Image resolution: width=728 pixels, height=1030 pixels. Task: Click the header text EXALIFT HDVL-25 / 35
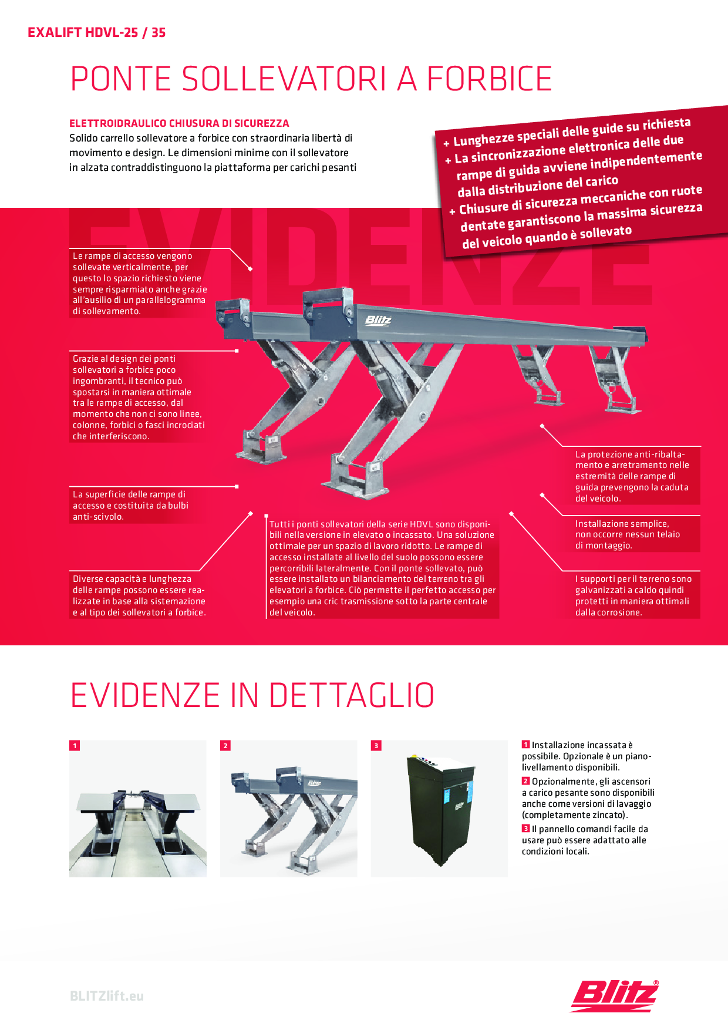click(96, 32)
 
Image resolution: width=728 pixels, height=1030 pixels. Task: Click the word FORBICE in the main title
click(489, 79)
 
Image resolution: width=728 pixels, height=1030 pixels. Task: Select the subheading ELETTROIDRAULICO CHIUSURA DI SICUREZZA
click(179, 123)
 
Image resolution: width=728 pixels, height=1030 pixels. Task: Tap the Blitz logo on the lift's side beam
click(378, 320)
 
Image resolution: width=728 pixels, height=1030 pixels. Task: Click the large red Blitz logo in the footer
click(614, 995)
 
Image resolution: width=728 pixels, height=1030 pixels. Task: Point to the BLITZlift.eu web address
click(107, 996)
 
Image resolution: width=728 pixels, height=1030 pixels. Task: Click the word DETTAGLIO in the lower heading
click(352, 696)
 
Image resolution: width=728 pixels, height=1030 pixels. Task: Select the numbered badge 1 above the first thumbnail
click(75, 746)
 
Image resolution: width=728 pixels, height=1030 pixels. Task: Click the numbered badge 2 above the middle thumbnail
click(225, 746)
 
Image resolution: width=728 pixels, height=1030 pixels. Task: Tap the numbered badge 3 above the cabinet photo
click(376, 746)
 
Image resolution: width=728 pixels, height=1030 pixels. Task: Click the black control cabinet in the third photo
click(439, 808)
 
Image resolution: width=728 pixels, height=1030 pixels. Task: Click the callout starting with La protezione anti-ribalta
click(632, 476)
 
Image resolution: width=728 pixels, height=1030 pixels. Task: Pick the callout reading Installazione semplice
click(627, 534)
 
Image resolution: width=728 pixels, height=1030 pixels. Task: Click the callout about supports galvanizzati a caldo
click(633, 595)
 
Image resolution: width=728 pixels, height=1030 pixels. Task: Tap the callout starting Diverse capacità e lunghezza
click(139, 595)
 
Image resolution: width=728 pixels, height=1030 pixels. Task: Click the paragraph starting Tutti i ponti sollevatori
click(382, 568)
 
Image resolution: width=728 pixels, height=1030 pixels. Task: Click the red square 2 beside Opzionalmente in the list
click(526, 781)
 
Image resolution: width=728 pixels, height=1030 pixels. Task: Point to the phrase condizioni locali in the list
click(555, 851)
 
